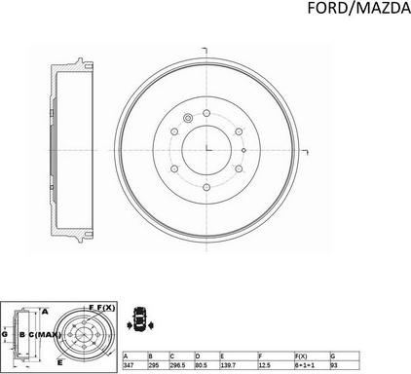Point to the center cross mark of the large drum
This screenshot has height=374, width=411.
[208, 146]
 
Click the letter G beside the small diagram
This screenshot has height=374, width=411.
[5, 334]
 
